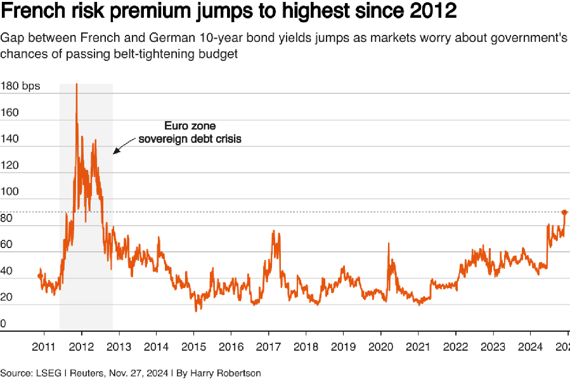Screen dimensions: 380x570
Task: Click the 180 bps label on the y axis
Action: coord(19,87)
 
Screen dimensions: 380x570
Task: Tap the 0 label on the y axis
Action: coord(3,324)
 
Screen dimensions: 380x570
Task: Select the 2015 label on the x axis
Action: coord(193,347)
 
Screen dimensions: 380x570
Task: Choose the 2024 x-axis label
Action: coord(530,347)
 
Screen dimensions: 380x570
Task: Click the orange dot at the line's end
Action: coord(565,212)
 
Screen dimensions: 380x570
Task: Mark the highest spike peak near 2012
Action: coord(77,84)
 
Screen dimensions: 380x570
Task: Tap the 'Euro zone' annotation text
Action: coord(190,126)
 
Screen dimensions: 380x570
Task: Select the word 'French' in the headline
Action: coord(29,12)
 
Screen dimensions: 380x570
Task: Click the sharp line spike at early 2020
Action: coord(388,244)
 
